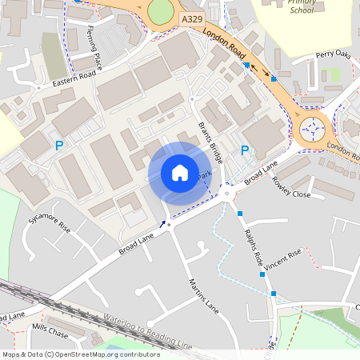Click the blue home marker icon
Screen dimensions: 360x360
click(180, 173)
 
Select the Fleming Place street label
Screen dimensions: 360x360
click(94, 48)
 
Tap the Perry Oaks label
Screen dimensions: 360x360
click(334, 55)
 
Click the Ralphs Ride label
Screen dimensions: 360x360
click(252, 246)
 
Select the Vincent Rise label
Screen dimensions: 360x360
click(284, 258)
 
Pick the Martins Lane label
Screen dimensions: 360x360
click(203, 294)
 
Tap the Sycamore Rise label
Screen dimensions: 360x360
click(50, 221)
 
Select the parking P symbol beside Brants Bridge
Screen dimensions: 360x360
click(245, 150)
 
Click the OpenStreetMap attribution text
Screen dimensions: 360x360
click(81, 354)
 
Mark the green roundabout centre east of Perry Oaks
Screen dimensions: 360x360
click(312, 128)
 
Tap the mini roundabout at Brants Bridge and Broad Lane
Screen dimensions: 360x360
click(227, 193)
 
